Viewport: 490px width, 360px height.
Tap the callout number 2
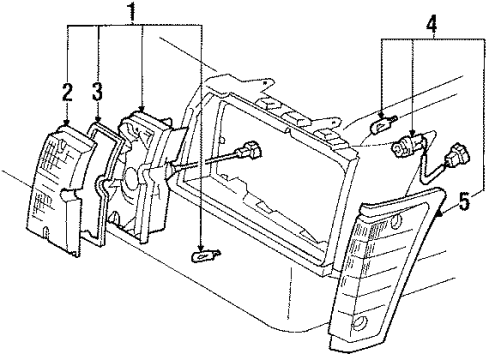pos(67,93)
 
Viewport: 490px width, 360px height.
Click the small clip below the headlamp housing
pos(202,258)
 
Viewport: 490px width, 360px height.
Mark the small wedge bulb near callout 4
pos(380,126)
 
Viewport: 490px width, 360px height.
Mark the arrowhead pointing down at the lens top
pos(66,122)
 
